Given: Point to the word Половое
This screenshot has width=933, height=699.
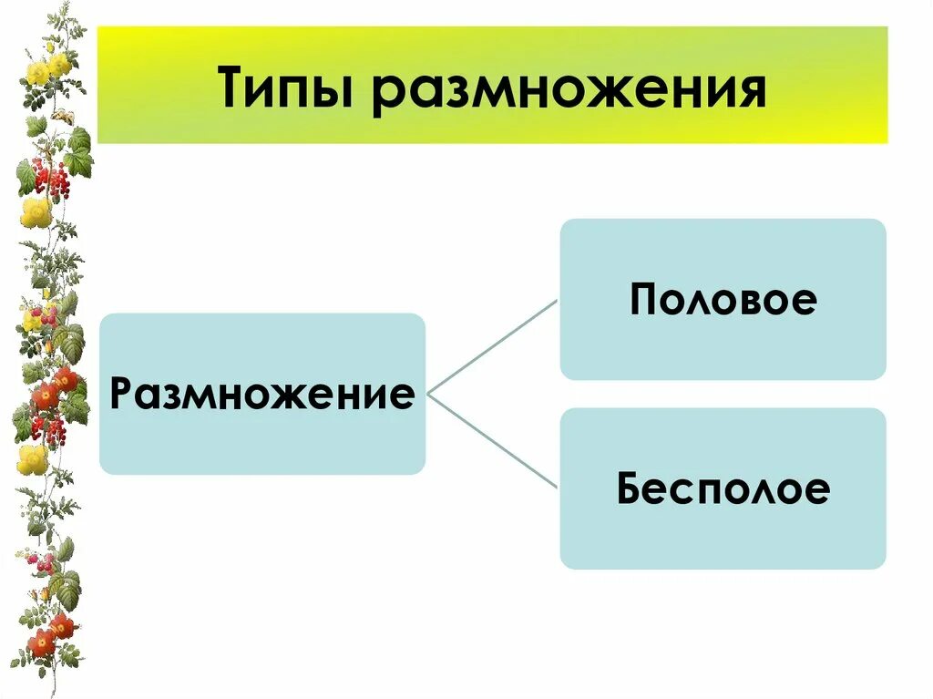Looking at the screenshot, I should (723, 300).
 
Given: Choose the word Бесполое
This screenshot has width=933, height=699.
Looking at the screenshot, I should (723, 489).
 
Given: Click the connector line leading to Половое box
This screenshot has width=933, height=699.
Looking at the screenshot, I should (492, 347).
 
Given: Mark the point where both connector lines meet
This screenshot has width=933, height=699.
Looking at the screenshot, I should (428, 395).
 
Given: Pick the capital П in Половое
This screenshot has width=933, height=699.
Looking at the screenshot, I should (645, 300).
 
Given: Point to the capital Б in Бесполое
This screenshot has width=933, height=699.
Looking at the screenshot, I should (631, 489).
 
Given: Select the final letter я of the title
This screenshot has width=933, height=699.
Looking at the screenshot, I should (749, 92).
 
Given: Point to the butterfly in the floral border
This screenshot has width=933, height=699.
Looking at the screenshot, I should (62, 117).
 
